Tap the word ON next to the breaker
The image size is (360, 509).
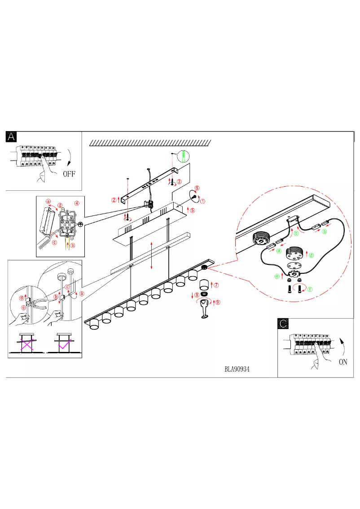tap(342, 362)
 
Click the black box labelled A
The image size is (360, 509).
tap(11, 137)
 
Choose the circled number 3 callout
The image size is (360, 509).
tap(179, 182)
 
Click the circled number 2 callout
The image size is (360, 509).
tap(114, 200)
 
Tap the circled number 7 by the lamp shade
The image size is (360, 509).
tap(216, 285)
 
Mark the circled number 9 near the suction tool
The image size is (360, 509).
tap(218, 302)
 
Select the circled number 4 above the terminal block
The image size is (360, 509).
tap(77, 203)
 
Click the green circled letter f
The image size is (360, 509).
tap(310, 290)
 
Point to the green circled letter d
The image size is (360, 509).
tap(311, 255)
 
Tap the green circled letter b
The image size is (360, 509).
tap(324, 232)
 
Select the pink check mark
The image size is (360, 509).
tap(64, 344)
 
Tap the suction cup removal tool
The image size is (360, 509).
tap(205, 309)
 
